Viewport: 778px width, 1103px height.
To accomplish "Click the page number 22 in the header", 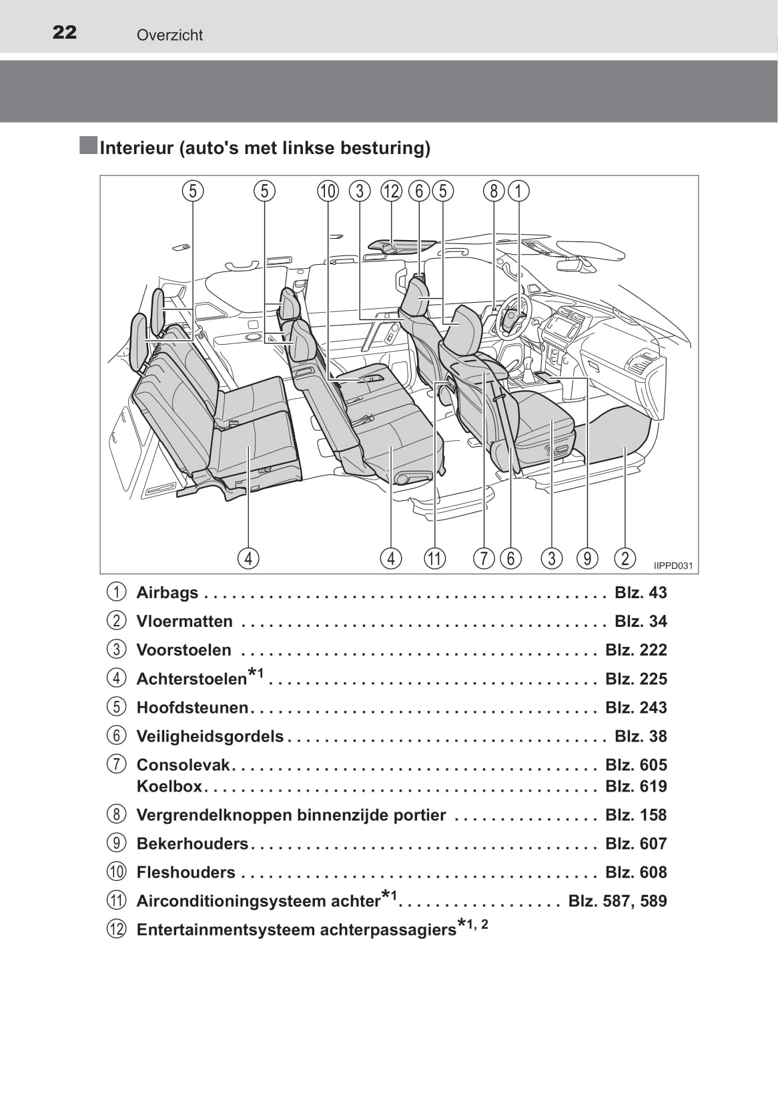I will [65, 33].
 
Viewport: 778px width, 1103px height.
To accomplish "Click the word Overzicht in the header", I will [169, 35].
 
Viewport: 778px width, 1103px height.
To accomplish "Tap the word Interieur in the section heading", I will [136, 147].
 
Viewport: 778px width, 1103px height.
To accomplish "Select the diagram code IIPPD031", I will [673, 566].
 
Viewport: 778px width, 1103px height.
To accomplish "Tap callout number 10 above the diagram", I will [328, 191].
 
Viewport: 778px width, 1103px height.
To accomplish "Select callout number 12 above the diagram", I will [391, 191].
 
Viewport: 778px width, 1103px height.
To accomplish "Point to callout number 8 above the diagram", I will [494, 191].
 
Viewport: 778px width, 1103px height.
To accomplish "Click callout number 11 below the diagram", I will [434, 558].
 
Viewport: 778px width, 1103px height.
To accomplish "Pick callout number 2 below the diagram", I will [625, 558].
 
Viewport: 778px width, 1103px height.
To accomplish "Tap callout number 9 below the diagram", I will [587, 558].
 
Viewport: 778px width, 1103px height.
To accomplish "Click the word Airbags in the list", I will [167, 593].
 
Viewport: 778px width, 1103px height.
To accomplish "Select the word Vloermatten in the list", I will [185, 622].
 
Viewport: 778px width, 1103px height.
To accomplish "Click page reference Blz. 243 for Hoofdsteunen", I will [636, 708].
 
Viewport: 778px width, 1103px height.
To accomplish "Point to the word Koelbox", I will [169, 786].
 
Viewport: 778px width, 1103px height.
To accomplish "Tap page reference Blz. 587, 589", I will [617, 901].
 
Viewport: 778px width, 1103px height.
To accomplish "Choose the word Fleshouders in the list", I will [186, 872].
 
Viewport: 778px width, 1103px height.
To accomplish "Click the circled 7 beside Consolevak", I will [116, 765].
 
